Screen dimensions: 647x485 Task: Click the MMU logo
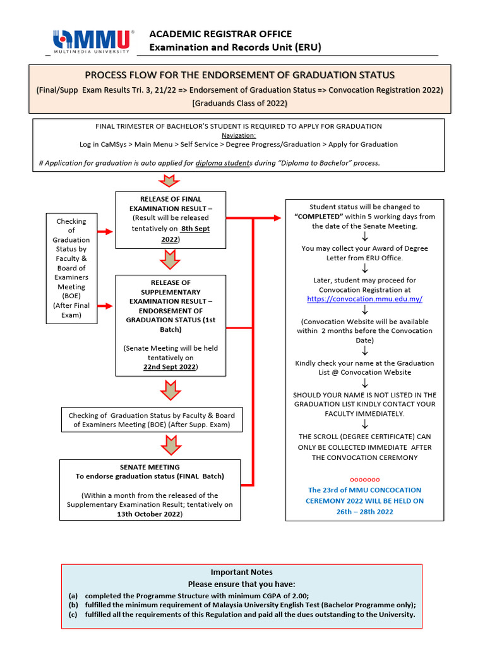coord(93,40)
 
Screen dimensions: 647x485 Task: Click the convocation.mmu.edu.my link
coord(364,299)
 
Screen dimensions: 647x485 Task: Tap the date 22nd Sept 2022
coord(169,366)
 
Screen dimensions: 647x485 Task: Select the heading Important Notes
coord(242,572)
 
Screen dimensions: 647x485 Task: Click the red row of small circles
coord(364,480)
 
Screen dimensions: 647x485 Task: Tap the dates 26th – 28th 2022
coord(364,511)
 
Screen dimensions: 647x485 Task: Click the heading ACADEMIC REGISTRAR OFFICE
coord(220,33)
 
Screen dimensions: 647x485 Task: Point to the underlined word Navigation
coord(239,135)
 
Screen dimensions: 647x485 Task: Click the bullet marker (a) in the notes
coord(73,596)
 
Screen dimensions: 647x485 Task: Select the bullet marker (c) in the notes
coord(73,615)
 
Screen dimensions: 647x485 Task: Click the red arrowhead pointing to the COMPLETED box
coord(278,218)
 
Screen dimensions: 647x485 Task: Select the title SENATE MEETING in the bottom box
coord(150,467)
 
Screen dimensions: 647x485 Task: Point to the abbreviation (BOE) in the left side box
coord(71,296)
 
